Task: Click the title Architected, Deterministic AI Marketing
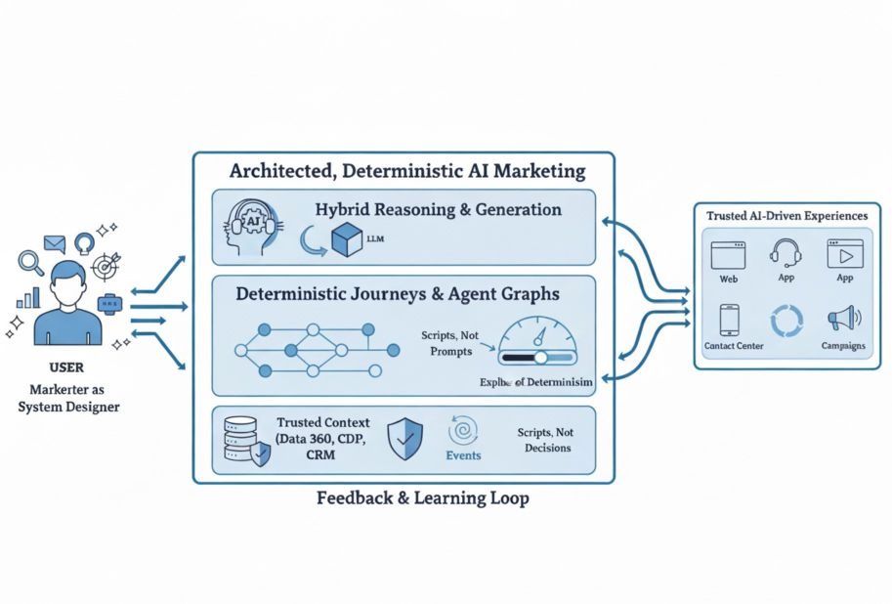pyautogui.click(x=406, y=171)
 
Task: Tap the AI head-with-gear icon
pyautogui.click(x=253, y=228)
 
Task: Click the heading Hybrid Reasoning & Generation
pyautogui.click(x=439, y=209)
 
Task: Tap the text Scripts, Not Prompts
pyautogui.click(x=449, y=342)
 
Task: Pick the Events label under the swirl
pyautogui.click(x=463, y=455)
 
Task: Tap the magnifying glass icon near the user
pyautogui.click(x=30, y=261)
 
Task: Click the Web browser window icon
pyautogui.click(x=728, y=256)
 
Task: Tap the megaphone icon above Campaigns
pyautogui.click(x=841, y=319)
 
